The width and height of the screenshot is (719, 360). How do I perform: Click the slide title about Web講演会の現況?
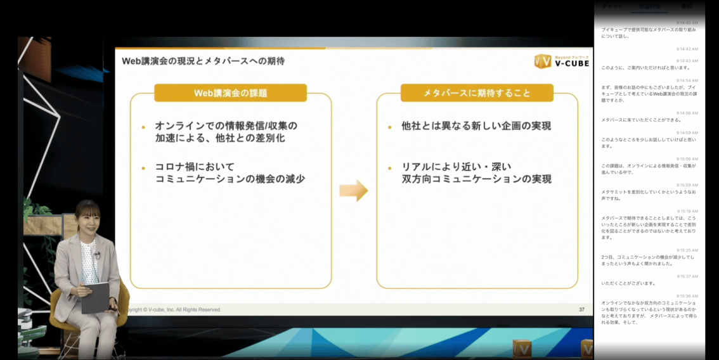pos(203,61)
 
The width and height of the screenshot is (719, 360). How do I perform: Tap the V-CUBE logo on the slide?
pos(562,61)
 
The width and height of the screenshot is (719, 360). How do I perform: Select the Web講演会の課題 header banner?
pos(230,93)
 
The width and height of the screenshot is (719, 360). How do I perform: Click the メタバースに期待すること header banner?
pos(477,93)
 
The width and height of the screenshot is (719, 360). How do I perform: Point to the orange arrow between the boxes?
pos(353,190)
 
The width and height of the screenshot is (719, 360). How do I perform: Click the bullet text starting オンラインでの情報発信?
pos(226,131)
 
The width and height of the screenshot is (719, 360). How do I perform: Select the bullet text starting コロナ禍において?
pos(230,172)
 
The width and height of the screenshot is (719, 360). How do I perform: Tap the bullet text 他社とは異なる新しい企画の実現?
pos(476,125)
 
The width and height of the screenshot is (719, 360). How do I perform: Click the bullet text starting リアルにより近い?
pos(476,172)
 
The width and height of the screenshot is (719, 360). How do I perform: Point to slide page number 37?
pos(581,309)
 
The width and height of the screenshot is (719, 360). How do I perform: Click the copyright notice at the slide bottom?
pos(174,309)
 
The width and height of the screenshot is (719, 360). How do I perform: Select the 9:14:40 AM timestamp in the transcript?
pos(687,23)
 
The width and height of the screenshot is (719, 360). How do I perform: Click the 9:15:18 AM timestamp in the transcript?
pos(687,211)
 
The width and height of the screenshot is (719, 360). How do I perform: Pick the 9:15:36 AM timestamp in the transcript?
pos(687,296)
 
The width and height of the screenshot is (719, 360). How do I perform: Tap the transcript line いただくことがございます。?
pos(628,283)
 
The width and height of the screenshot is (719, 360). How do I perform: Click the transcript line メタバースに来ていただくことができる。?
pos(641,120)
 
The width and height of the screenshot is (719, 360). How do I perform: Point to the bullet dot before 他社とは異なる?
pos(390,127)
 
